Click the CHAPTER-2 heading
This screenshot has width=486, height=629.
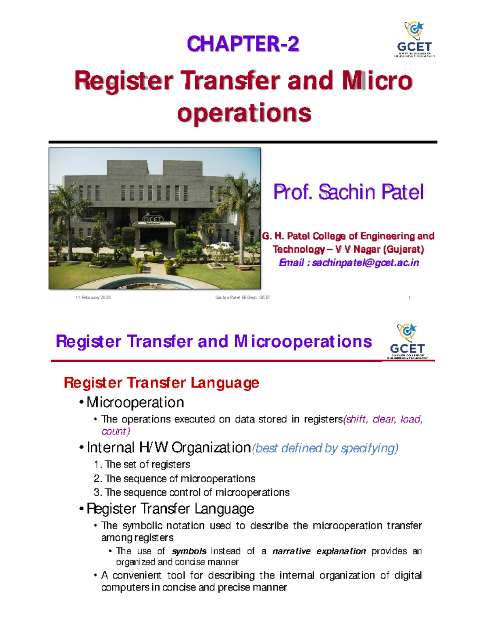243,44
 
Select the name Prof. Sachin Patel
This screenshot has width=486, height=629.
348,192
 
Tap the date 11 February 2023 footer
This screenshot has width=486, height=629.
93,298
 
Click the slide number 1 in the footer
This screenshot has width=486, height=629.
409,298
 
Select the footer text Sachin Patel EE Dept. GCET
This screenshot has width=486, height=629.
243,298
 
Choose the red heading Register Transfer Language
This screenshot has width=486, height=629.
161,383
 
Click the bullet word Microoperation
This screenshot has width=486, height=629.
135,403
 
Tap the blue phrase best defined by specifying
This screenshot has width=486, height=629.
325,448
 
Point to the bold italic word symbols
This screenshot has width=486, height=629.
189,551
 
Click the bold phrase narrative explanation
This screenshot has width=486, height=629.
319,551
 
